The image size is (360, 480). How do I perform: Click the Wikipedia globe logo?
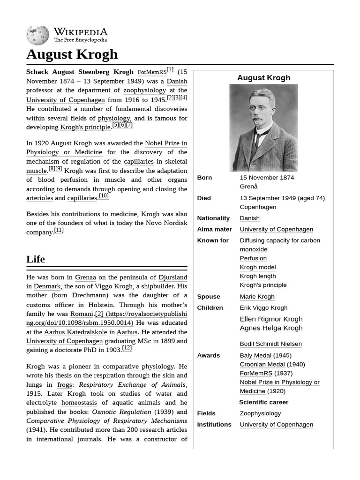coord(37,35)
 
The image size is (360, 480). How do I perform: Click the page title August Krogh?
coord(72,54)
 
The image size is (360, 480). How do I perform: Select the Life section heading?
coord(36,259)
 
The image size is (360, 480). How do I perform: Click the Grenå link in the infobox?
coord(248,187)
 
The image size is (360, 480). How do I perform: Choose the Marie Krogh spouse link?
coord(257,297)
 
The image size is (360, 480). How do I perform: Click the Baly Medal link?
coord(255,356)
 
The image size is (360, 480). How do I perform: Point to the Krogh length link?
coord(258,277)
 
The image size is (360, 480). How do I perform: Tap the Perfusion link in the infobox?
coord(253,258)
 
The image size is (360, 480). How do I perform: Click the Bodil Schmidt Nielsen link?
coord(270,344)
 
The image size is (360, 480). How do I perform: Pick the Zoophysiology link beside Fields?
coord(260,413)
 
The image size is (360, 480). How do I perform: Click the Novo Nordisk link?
coord(166,223)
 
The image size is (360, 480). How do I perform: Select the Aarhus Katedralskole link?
coord(75,332)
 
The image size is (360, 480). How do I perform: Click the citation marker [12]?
coord(127,348)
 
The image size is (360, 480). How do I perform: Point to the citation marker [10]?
coord(104,196)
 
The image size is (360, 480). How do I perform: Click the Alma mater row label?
coord(214,230)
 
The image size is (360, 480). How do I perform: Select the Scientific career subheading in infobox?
coord(263,402)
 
